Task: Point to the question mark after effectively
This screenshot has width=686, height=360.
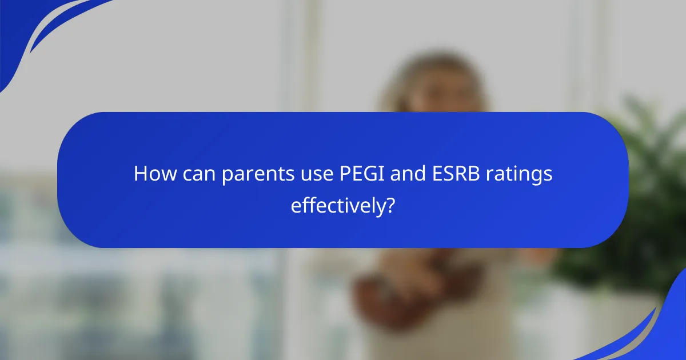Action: tap(390, 205)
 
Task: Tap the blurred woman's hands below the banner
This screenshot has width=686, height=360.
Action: tap(394, 280)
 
